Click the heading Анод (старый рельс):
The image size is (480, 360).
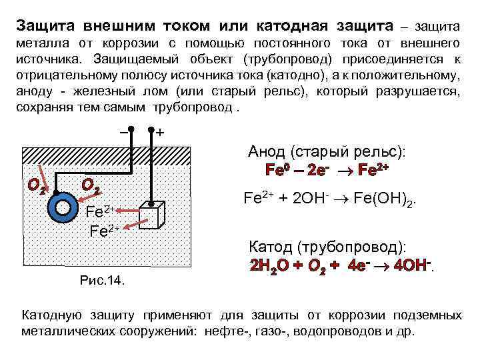(327, 151)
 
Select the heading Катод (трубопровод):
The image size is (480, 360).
(329, 247)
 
